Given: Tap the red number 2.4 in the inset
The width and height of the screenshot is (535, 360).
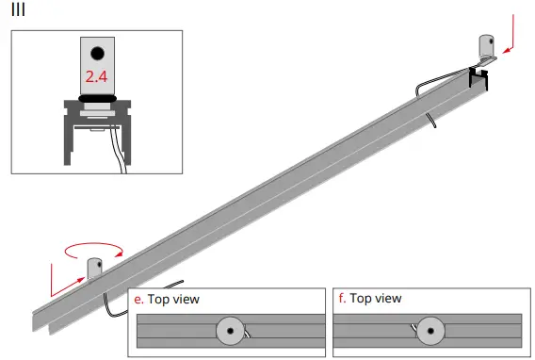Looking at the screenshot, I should (97, 76).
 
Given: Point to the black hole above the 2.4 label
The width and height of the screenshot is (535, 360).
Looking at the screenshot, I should (97, 54).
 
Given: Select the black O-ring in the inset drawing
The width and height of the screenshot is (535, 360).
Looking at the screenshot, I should (97, 96).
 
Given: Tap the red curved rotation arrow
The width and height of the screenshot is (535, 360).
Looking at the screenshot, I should (93, 249).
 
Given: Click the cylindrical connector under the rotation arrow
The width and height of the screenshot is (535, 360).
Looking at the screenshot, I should (94, 269).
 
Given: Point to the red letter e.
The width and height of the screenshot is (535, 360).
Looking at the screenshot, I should (138, 299).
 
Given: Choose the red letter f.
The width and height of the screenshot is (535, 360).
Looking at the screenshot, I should (341, 299).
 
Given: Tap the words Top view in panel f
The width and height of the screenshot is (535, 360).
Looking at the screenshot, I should (375, 299).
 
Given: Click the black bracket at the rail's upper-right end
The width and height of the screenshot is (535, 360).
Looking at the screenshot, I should (481, 68).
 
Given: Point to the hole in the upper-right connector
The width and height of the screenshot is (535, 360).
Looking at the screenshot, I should (490, 43).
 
